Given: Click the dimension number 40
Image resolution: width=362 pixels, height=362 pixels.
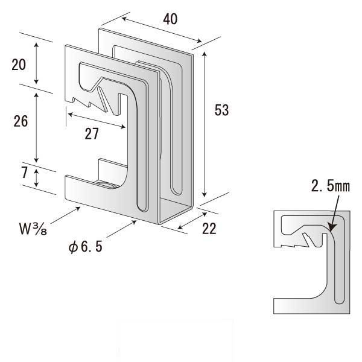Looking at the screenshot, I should coord(170,19).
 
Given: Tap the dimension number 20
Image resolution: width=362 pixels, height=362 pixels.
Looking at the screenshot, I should coord(19,64).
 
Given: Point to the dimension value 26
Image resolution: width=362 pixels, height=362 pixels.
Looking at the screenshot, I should coord(21,121).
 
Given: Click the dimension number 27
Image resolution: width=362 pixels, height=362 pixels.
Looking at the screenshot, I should coord(91,134).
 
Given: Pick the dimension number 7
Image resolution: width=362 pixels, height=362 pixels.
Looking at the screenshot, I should coord(24,173).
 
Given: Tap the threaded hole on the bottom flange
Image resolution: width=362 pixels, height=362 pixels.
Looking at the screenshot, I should coord(104,183).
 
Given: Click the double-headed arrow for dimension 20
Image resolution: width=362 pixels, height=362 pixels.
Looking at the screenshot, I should coord(37,63).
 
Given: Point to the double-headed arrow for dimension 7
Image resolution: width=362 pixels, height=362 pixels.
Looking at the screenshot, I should coord(37,177).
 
